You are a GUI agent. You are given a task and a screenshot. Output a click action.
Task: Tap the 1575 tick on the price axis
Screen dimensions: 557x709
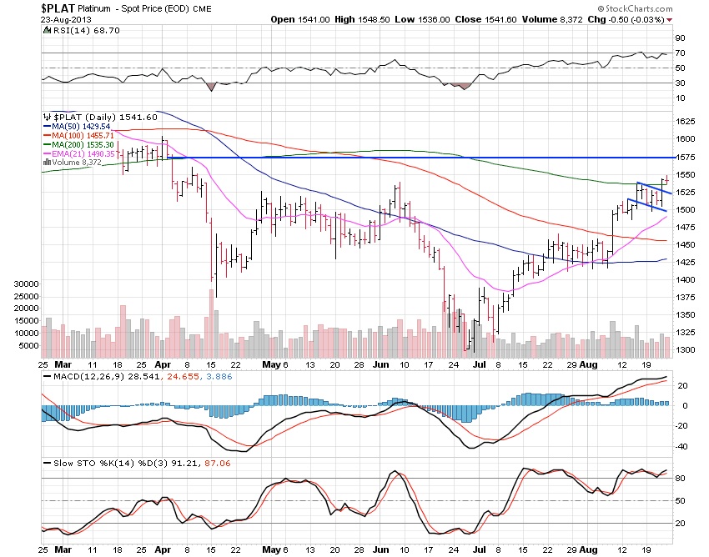tap(686, 158)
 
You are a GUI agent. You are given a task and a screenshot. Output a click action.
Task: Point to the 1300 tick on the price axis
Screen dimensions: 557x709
tap(686, 350)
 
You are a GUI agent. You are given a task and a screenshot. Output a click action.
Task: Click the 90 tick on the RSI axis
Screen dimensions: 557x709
tap(681, 38)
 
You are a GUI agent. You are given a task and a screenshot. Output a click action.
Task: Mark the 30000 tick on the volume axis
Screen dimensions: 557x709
tap(28, 284)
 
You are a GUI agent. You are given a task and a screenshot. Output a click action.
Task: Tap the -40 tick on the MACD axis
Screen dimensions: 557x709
tap(681, 446)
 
